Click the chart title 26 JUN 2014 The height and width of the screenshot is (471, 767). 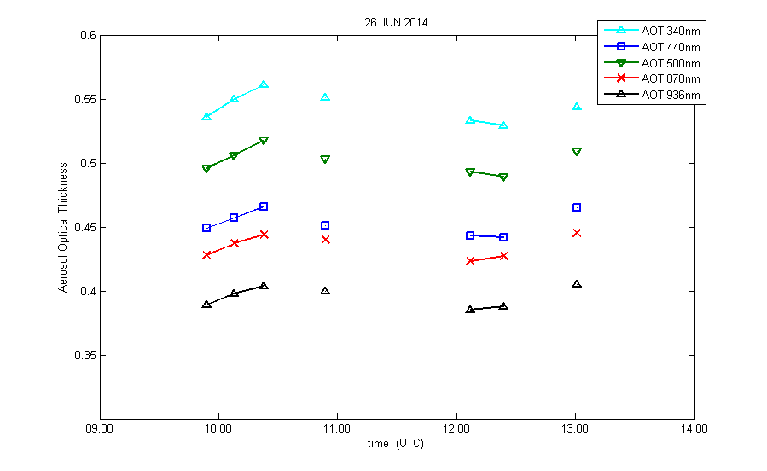(x=396, y=23)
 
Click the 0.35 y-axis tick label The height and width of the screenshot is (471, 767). (x=85, y=356)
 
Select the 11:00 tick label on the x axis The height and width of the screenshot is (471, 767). (x=337, y=429)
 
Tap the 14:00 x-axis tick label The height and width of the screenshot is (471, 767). (x=694, y=429)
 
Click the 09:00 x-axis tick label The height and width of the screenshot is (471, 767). (x=100, y=429)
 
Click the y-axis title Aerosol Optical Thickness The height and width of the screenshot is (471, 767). (x=63, y=228)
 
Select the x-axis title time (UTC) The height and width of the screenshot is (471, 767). (x=396, y=444)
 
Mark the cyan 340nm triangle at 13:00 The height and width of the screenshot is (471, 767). (x=577, y=107)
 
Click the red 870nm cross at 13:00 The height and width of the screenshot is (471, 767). (x=577, y=233)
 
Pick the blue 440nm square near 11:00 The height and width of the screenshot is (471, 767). (x=325, y=225)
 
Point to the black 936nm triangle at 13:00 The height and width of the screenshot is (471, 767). (x=577, y=284)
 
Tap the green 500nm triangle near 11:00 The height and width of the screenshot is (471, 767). (x=325, y=160)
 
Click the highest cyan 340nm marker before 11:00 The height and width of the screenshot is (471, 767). (x=264, y=84)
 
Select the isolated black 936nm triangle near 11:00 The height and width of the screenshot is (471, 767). (x=325, y=291)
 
